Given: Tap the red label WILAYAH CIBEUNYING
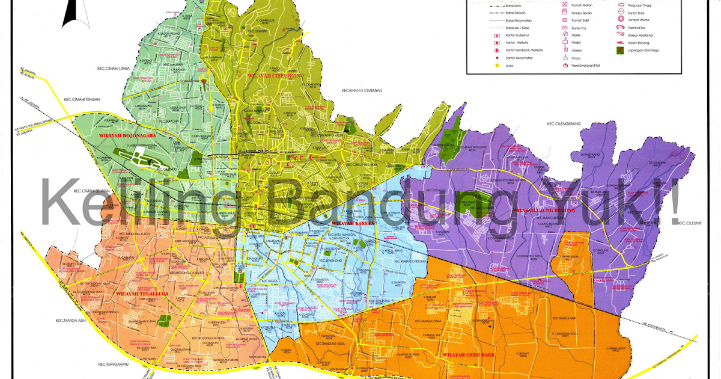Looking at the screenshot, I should (275, 75).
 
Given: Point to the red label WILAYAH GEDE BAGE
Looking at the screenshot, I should (468, 355).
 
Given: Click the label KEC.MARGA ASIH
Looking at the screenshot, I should (72, 320).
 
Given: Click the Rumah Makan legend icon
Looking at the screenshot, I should (565, 4).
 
